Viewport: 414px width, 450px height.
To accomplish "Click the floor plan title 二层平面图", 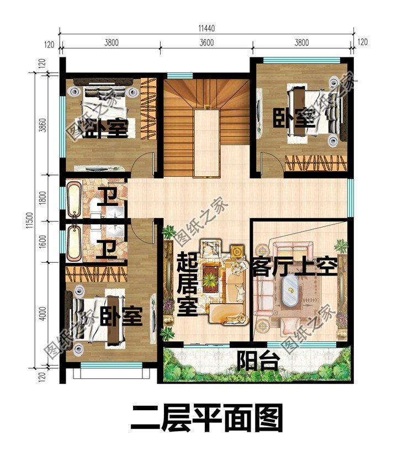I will pyautogui.click(x=207, y=417).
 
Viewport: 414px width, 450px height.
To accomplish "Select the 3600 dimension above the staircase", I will pyautogui.click(x=206, y=43).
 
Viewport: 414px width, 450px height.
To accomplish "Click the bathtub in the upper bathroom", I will pyautogui.click(x=74, y=199).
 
